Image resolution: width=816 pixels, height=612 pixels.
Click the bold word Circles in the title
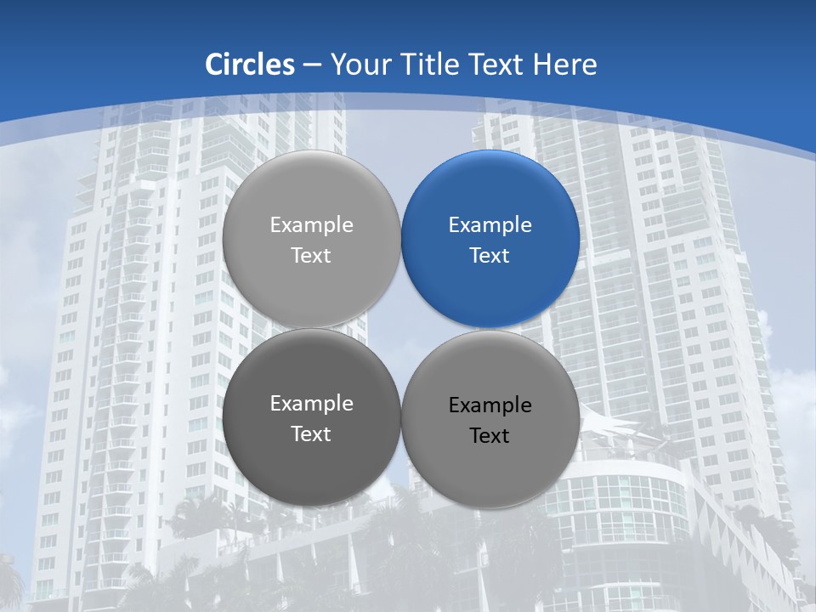(250, 65)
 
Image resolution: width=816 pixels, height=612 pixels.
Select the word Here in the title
(565, 65)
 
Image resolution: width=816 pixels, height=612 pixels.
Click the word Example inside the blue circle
(490, 225)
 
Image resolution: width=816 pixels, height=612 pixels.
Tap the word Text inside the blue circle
(490, 255)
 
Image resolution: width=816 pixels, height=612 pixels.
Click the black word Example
(490, 405)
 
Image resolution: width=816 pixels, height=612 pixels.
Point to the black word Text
(490, 436)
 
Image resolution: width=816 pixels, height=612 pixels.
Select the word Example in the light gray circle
(311, 225)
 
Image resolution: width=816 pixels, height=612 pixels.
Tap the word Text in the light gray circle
(311, 255)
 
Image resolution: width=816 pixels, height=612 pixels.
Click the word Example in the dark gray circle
(311, 404)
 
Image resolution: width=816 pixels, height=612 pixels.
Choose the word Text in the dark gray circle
(311, 433)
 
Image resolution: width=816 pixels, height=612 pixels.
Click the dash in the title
(312, 65)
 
